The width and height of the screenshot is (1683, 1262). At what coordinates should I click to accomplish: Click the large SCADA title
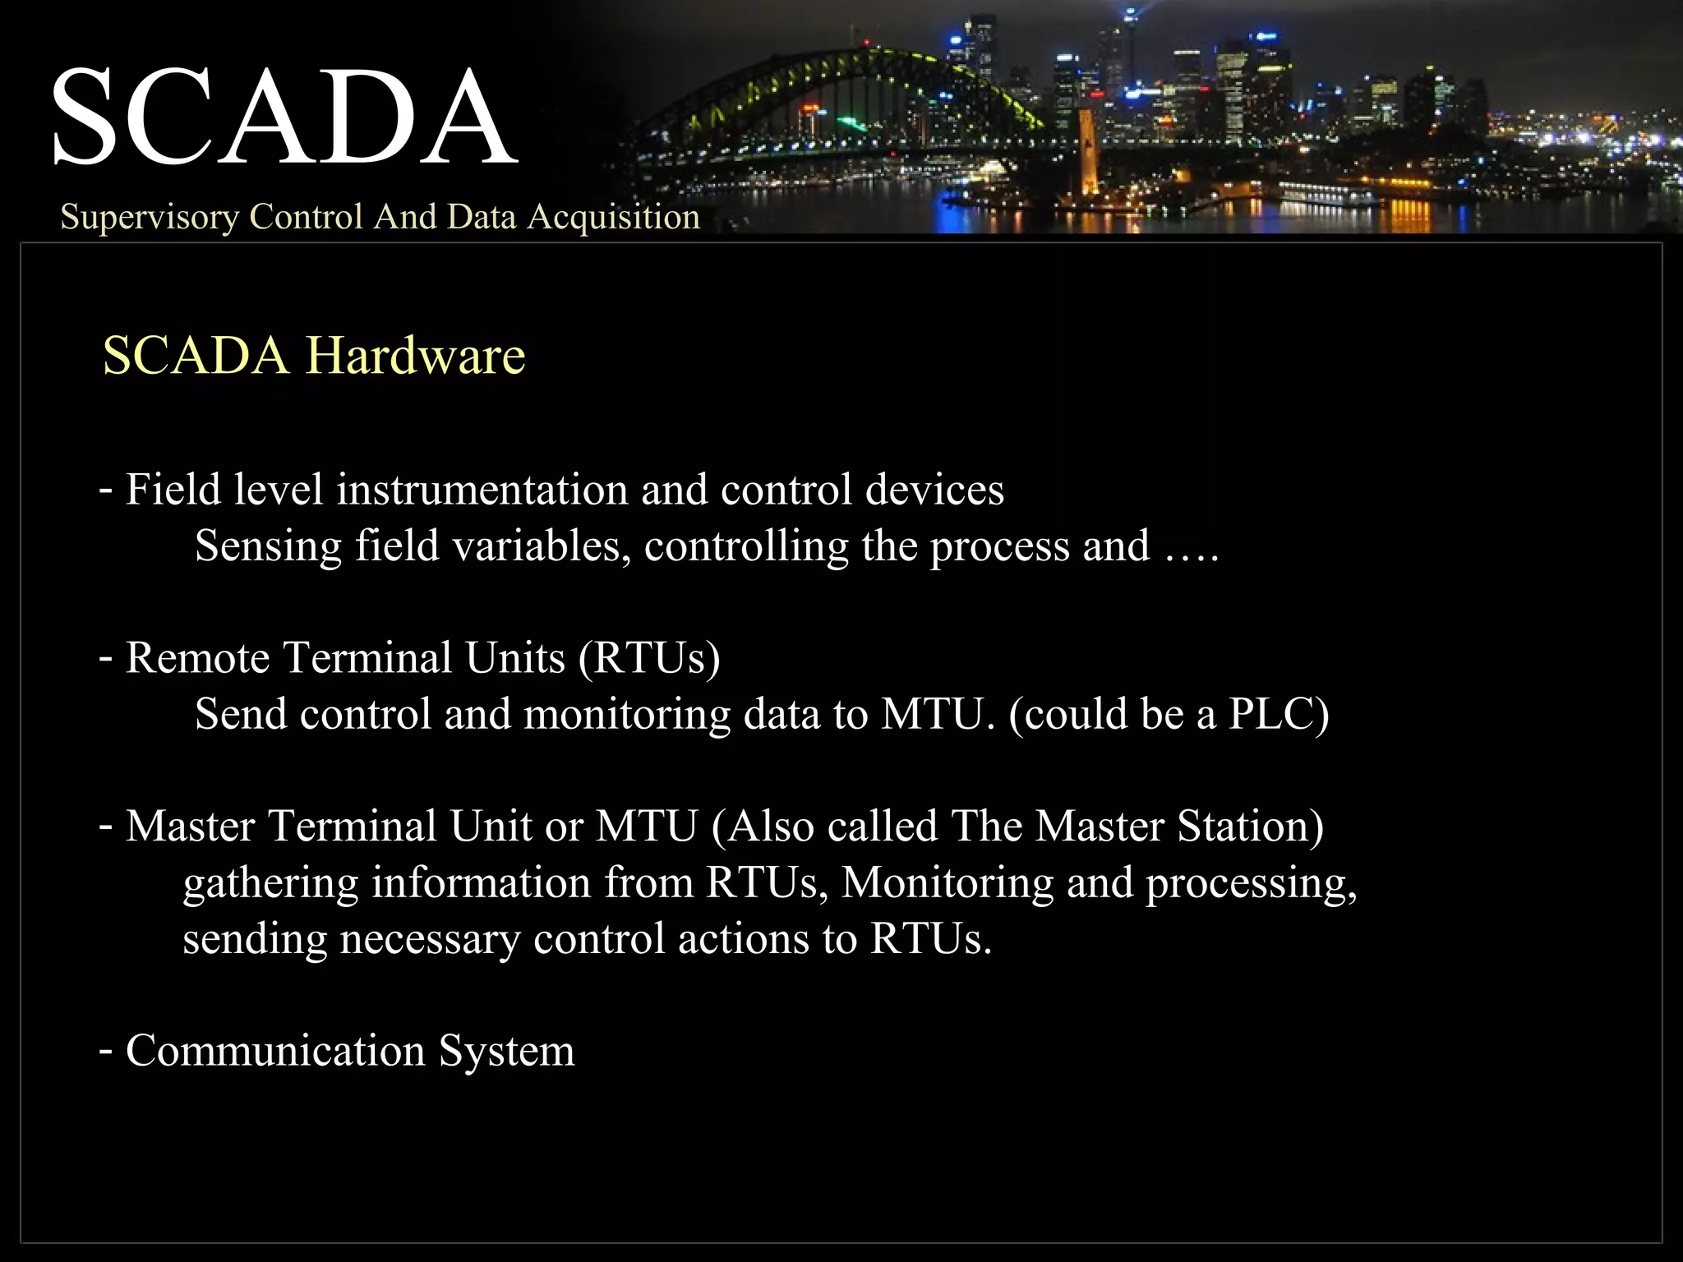284,117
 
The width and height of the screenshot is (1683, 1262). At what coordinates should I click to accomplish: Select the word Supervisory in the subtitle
149,217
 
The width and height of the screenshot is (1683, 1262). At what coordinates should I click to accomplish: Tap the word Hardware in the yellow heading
416,356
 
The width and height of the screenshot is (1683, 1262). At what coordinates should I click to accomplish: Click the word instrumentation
482,490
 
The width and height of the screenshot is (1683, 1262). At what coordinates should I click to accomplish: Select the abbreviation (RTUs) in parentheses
649,658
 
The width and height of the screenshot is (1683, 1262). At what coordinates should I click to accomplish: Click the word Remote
197,658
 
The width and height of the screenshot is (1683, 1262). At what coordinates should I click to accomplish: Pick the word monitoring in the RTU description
626,715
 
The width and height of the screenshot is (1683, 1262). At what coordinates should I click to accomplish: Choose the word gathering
270,884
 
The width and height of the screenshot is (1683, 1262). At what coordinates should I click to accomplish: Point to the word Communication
275,1051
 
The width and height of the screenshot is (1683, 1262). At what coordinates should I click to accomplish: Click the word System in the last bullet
506,1052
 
